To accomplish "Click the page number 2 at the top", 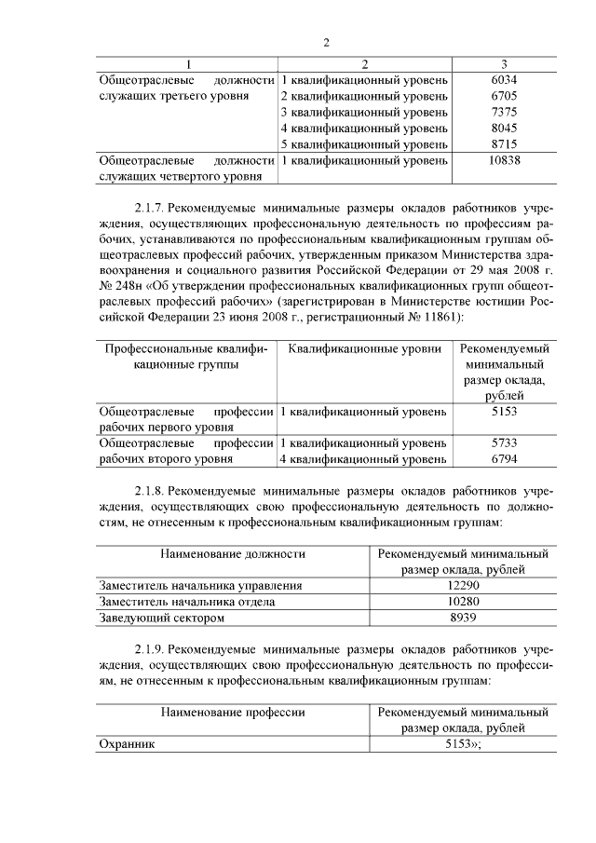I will coord(327,43).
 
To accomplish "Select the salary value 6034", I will coord(503,80).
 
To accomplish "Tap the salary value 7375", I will coord(503,112).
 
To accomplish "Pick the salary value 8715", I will coord(503,144).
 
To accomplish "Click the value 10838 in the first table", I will coord(503,160).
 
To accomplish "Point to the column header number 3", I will coord(503,64).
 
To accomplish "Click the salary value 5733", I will coord(503,443).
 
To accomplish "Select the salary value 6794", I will coord(503,459).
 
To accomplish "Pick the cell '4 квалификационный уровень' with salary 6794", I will coord(364,459).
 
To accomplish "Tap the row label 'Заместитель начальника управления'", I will coord(200,585).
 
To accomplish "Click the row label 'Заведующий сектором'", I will coord(161,617).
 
